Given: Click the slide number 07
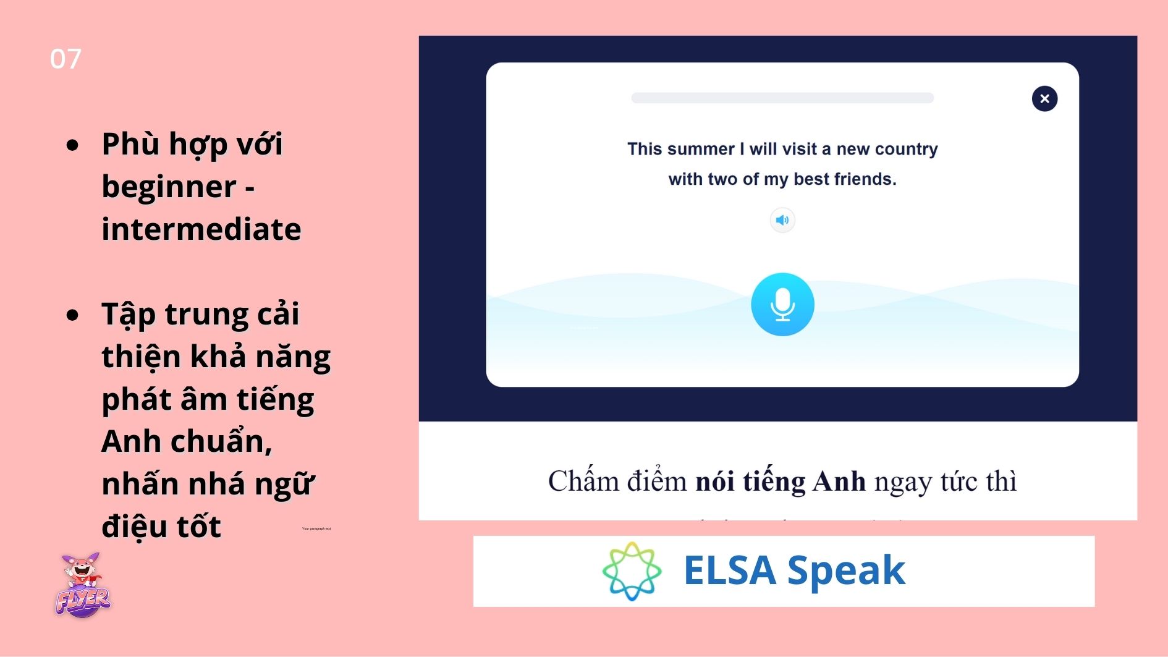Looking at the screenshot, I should point(66,59).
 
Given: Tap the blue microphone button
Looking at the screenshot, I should point(782,304).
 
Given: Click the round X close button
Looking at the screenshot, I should point(1044,99).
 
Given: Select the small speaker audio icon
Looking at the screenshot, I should point(782,220).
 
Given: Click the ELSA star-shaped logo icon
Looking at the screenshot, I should point(632,571).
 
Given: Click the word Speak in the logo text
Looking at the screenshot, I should point(846,570).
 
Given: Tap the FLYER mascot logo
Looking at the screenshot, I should point(83,586).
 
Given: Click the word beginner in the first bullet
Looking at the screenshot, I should point(169,187).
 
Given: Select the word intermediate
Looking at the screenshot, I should point(201,229).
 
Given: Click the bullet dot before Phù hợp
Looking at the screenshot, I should point(73,145).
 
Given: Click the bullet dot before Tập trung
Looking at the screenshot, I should point(73,315).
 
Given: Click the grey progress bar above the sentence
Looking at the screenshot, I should point(782,98).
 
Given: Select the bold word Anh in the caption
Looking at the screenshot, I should point(839,481).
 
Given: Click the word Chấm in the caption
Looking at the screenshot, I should point(583,481).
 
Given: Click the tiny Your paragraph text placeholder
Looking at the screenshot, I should point(316,528).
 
